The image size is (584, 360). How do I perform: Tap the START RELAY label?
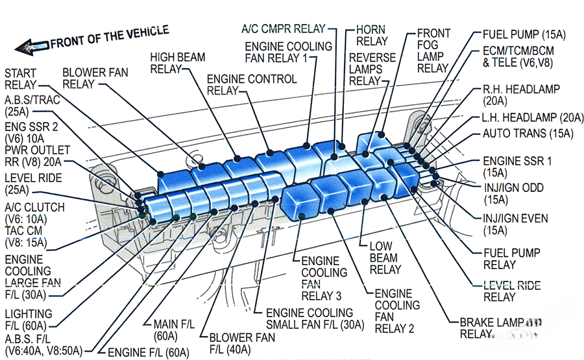pos(21,78)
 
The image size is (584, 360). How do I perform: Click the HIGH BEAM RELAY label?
pos(173,63)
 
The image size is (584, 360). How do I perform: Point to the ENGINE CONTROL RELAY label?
pos(251,84)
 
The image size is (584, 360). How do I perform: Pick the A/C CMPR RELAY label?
pos(283,29)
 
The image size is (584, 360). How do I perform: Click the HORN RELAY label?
pos(371,35)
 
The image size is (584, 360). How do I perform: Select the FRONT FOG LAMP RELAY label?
pos(433,51)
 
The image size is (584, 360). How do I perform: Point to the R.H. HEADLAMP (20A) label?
pos(521,95)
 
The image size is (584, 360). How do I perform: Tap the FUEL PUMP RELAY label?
pos(511,258)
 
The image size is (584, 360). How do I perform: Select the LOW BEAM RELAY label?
pos(385,258)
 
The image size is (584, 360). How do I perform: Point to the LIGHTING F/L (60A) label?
pos(28,319)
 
